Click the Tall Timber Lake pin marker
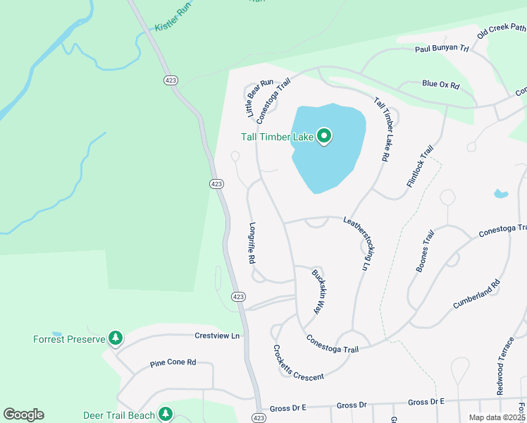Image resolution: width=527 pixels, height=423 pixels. tap(324, 135)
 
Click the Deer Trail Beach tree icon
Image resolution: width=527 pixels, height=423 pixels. tap(166, 415)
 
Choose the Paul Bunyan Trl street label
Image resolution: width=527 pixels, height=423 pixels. tap(442, 49)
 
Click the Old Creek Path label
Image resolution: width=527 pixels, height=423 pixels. tap(501, 32)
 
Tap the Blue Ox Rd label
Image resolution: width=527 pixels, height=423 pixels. tap(440, 85)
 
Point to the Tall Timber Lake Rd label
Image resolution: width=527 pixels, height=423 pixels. tap(381, 130)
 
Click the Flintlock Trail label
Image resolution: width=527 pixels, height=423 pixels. tap(419, 166)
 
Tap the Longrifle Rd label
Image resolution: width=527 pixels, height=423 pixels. tap(252, 243)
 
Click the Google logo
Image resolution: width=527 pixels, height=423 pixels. tap(23, 415)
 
